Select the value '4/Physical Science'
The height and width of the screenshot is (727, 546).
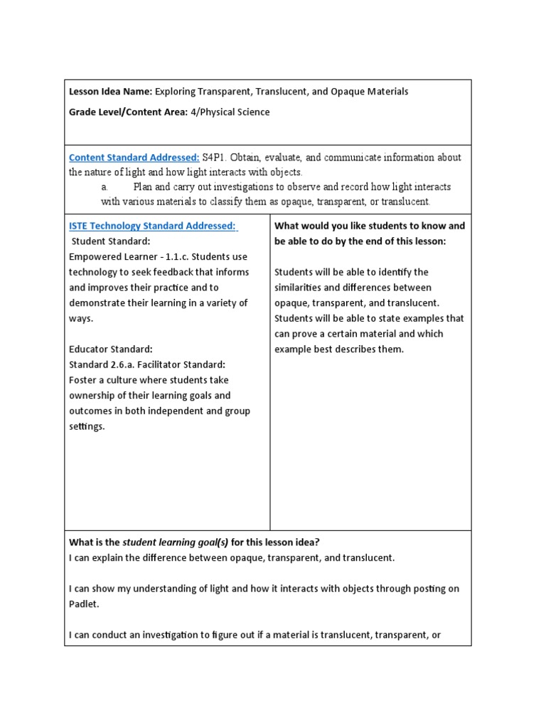pos(230,112)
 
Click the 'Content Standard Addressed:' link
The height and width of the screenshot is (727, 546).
pos(134,157)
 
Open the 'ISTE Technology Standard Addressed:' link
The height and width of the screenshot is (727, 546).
pos(153,226)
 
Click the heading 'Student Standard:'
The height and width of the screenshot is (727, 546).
pos(109,241)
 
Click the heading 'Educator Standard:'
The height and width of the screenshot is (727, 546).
pos(110,349)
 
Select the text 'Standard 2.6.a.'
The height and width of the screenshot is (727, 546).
pos(104,365)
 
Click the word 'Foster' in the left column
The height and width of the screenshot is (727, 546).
pos(84,380)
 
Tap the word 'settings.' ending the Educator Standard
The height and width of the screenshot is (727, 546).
pos(87,427)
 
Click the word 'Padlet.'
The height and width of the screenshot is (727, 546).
pos(84,603)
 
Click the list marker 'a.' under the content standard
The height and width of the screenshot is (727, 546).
pos(104,187)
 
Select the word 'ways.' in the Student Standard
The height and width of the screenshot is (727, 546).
pos(81,319)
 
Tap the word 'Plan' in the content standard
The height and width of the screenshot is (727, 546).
pos(144,187)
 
